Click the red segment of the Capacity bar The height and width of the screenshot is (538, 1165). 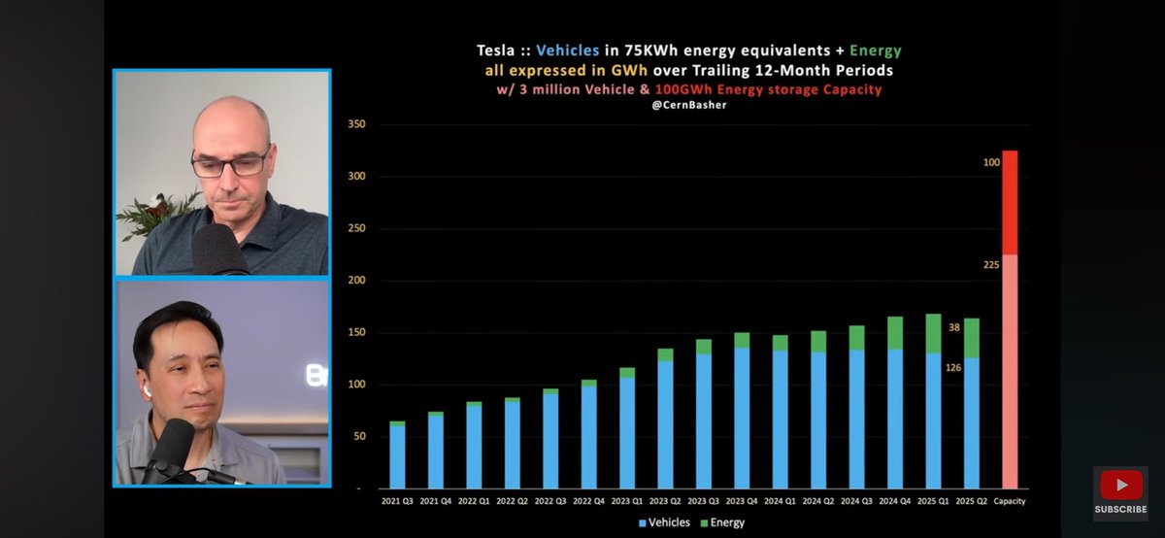coord(1010,202)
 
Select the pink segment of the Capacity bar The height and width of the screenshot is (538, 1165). coord(1010,369)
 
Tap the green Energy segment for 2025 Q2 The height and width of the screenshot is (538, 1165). coord(972,338)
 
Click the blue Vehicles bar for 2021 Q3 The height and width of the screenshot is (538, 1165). coord(397,456)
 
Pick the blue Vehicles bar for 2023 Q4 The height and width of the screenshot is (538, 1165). coord(742,418)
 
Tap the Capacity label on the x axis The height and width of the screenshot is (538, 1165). coord(1010,501)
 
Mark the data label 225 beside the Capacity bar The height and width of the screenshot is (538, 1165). coord(991,263)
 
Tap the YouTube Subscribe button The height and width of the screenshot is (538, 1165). coord(1120,492)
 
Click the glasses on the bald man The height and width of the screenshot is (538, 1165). coord(230,163)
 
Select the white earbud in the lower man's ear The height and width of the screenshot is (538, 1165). coord(146,387)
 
